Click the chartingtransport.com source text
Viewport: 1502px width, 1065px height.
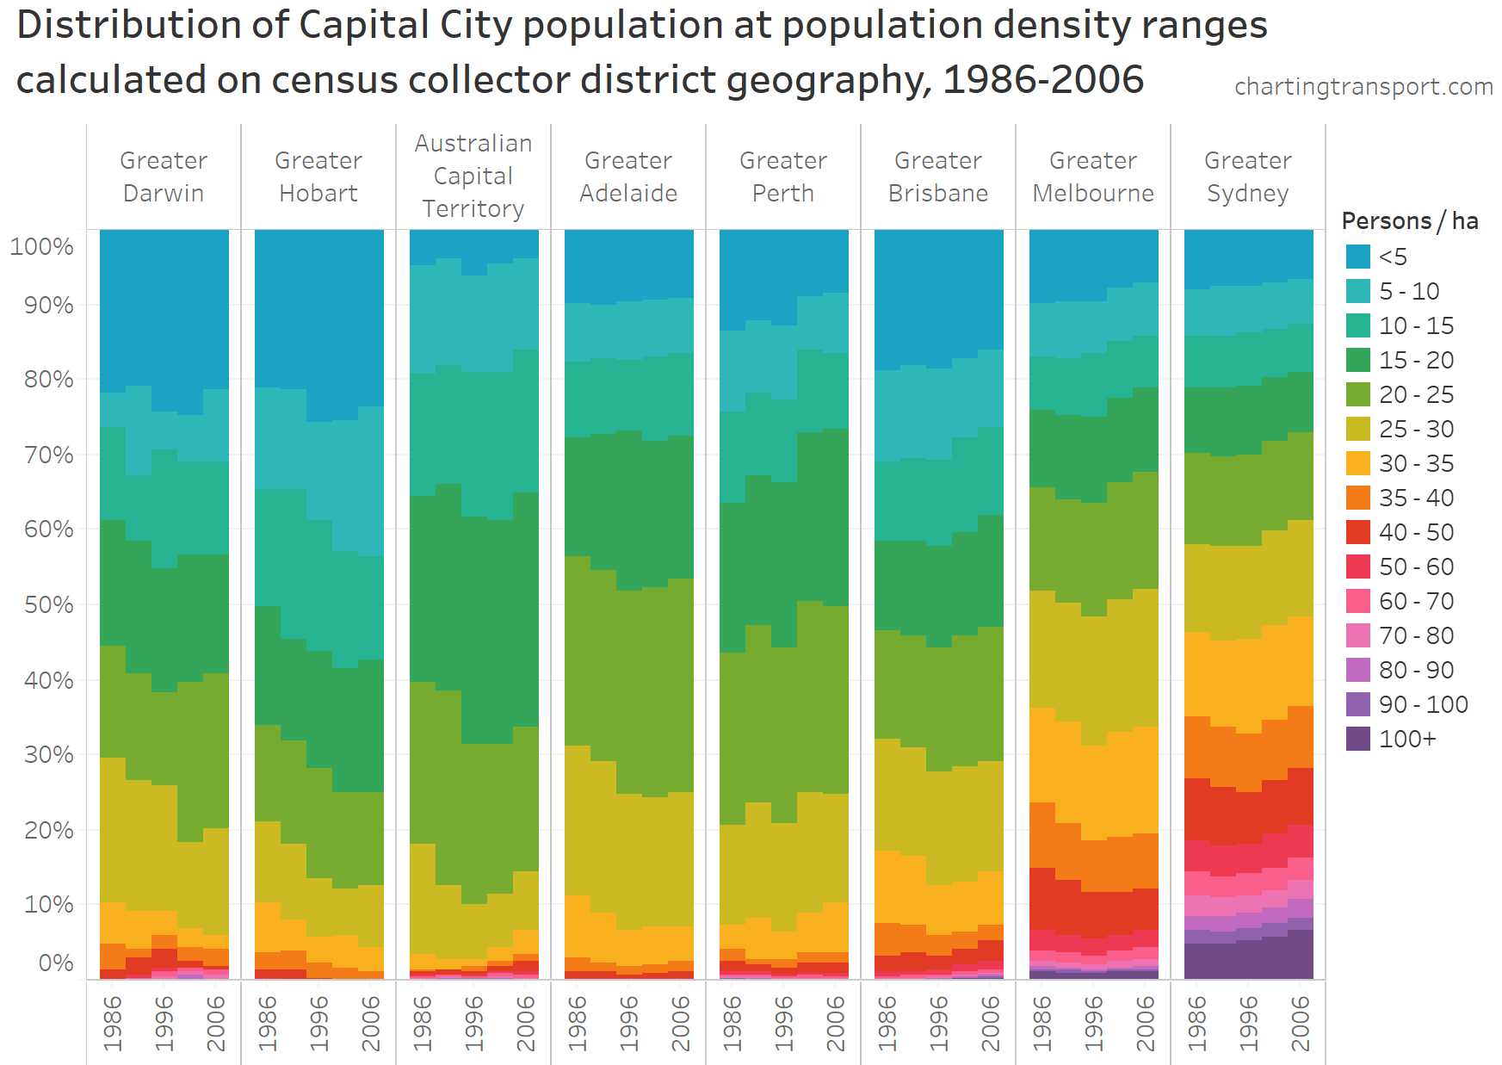click(1363, 87)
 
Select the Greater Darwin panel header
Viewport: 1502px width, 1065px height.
click(164, 176)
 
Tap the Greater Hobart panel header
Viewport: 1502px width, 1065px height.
click(318, 176)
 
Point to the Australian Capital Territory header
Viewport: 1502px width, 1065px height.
click(473, 176)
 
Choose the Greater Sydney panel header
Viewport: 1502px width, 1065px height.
click(1248, 176)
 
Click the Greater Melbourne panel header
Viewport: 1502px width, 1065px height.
click(1093, 176)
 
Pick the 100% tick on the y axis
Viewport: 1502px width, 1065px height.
click(42, 247)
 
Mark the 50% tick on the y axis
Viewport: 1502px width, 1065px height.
click(48, 604)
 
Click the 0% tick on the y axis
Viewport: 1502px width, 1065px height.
click(56, 963)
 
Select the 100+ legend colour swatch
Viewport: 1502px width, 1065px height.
click(1358, 739)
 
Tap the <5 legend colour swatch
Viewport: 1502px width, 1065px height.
click(1358, 257)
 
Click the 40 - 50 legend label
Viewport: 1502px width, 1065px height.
click(1416, 532)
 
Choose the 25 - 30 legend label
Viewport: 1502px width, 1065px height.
click(1416, 429)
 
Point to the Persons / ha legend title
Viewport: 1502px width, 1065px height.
click(1409, 221)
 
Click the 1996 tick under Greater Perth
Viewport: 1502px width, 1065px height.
click(784, 1023)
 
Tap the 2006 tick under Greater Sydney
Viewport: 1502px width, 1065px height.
click(1301, 1023)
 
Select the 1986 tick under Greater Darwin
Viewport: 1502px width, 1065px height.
click(113, 1023)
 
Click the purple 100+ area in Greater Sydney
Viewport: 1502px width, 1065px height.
click(1248, 960)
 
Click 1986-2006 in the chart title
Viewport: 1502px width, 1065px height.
click(1043, 80)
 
